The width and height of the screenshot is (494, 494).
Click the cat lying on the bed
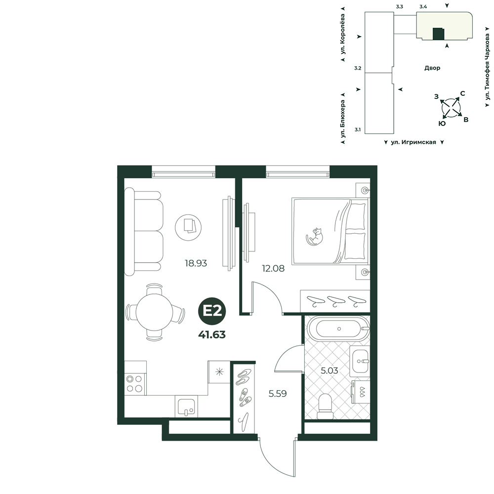(x=315, y=236)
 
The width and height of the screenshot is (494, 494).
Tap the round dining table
(x=154, y=312)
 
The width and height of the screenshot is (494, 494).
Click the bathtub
(x=339, y=329)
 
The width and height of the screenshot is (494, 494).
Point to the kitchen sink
(x=186, y=407)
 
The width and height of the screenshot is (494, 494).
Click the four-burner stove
(x=134, y=384)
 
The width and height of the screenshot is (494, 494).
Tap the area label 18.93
(x=196, y=263)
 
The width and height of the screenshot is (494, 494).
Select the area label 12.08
(x=273, y=268)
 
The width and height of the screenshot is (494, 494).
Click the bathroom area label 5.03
(x=329, y=370)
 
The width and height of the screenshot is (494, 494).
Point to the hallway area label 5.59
(x=278, y=394)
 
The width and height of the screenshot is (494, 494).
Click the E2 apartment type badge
(x=212, y=311)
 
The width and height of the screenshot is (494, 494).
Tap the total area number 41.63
(x=212, y=334)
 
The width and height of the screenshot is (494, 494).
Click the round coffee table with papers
(x=188, y=227)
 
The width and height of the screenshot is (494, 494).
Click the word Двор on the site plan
(x=432, y=68)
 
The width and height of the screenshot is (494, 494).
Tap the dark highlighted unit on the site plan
(x=438, y=34)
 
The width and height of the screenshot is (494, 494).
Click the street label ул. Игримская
(x=413, y=142)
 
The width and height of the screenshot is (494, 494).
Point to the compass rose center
(x=451, y=108)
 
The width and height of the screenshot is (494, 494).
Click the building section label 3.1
(x=358, y=129)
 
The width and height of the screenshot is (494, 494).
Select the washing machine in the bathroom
(x=361, y=392)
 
